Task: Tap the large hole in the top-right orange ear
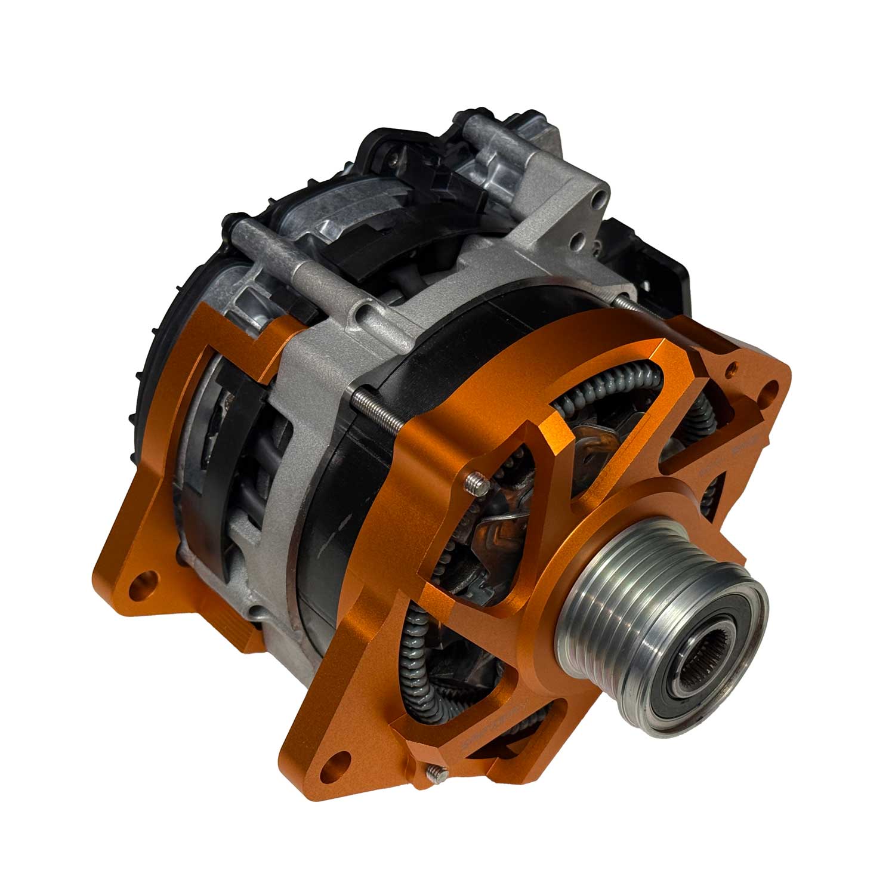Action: pyautogui.click(x=771, y=391)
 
